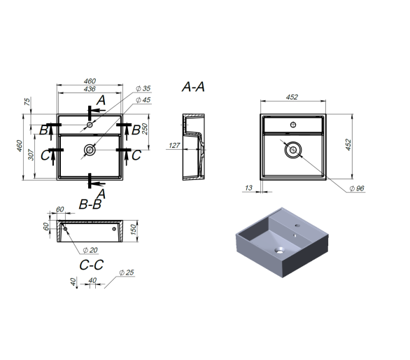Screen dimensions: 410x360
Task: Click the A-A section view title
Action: [193, 87]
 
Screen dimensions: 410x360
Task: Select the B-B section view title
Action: [90, 205]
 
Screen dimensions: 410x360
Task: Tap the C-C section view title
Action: [92, 265]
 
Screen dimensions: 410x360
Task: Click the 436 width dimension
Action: [90, 89]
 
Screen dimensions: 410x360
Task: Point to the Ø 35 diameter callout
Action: [143, 88]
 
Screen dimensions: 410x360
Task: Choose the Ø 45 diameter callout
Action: [143, 100]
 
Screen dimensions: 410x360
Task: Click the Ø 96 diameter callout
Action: [357, 188]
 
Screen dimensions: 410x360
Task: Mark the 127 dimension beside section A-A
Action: [174, 145]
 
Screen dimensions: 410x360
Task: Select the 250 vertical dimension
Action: [145, 129]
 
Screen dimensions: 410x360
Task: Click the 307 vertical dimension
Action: [31, 155]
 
